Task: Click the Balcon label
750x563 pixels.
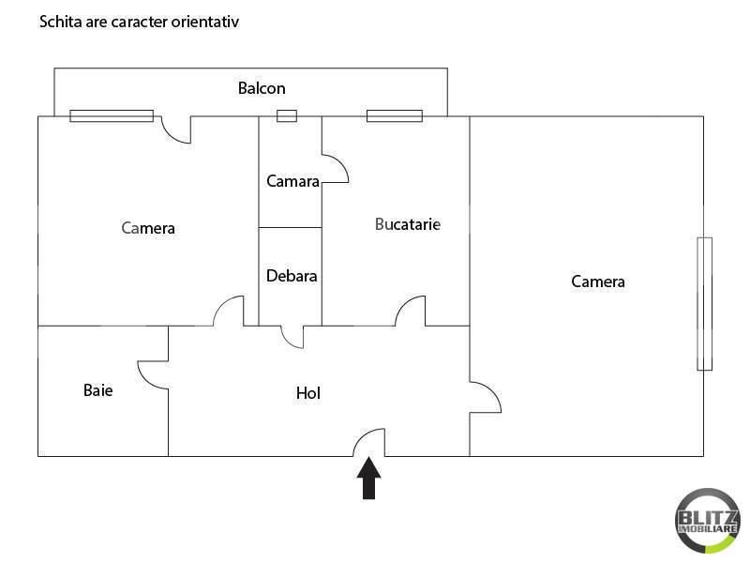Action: (x=262, y=89)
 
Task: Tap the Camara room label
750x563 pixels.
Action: (x=292, y=181)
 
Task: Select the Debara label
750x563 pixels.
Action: (x=292, y=277)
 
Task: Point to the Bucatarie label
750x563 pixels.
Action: (x=408, y=224)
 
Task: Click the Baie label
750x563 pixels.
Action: (x=97, y=390)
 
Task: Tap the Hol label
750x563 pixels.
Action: (x=308, y=394)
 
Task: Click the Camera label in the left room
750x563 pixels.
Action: (x=149, y=228)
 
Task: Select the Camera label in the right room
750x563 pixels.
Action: (x=598, y=281)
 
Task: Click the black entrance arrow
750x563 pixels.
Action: (x=369, y=478)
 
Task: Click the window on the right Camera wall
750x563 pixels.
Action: (x=704, y=304)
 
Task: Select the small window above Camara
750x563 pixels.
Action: (x=287, y=116)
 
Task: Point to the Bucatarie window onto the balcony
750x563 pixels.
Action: (x=395, y=116)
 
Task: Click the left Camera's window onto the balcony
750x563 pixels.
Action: (x=112, y=116)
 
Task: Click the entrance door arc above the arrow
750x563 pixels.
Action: (x=369, y=442)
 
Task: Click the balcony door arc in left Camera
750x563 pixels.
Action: (x=176, y=129)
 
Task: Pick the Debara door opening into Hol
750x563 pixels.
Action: (x=292, y=336)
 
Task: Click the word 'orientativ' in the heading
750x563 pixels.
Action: (x=206, y=21)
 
